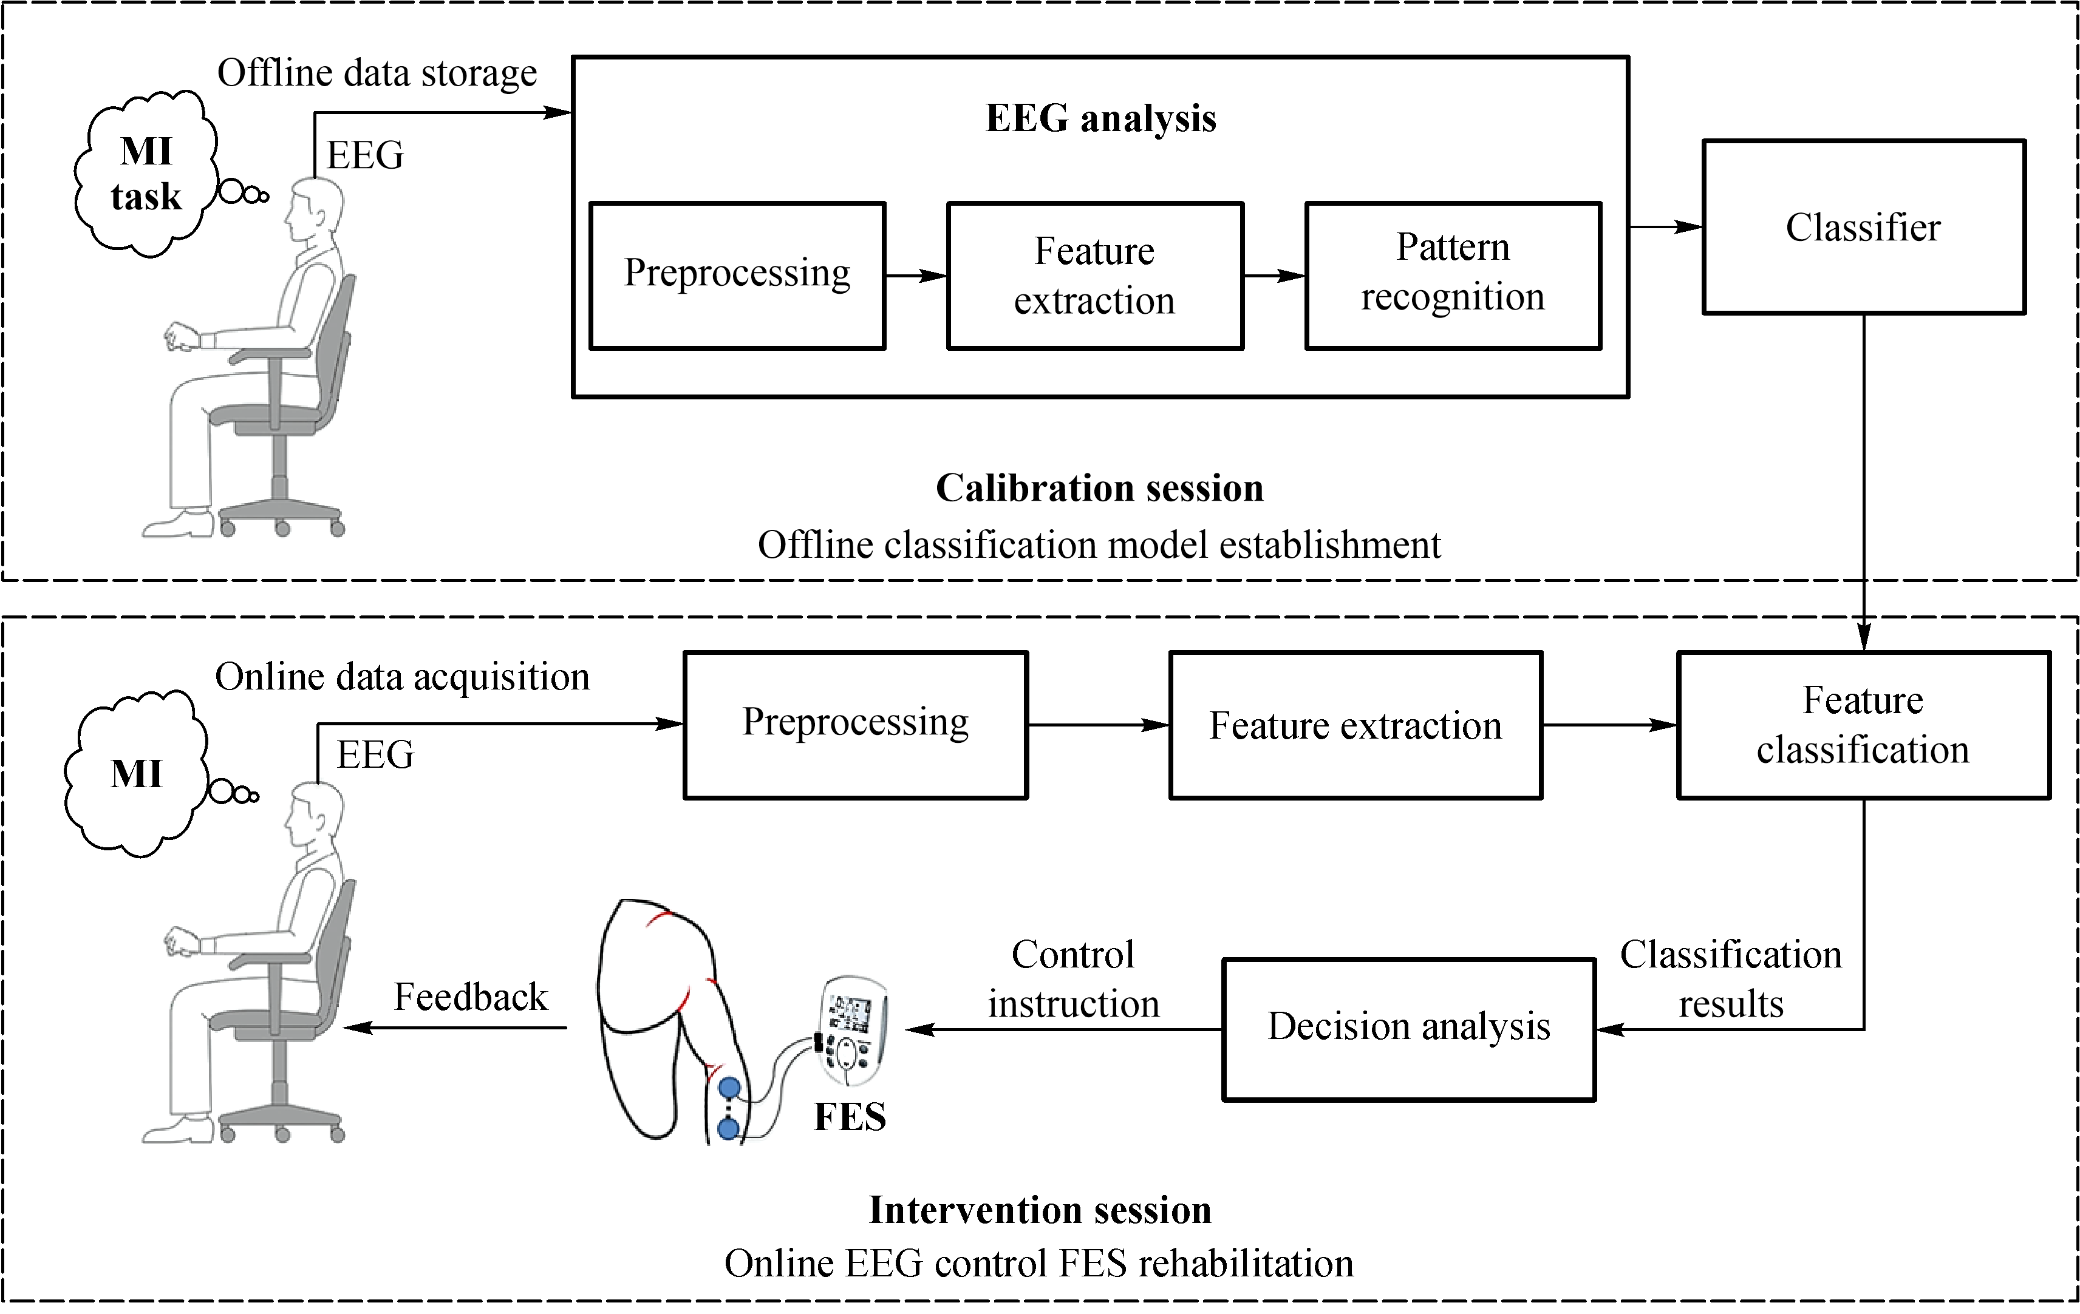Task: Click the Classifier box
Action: coord(1863,227)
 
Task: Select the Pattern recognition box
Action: coord(1453,276)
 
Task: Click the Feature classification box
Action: coord(1863,725)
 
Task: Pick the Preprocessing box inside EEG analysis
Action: coord(737,276)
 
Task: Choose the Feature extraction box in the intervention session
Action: coord(1355,725)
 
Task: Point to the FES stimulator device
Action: coord(851,1032)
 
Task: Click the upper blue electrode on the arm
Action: coord(730,1088)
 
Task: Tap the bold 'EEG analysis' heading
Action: coord(1100,118)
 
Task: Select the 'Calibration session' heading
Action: coord(1100,489)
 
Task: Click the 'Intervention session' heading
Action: coord(1040,1210)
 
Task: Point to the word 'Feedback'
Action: coord(471,997)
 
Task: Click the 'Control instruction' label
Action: coord(1073,979)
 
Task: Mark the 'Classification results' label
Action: coord(1730,979)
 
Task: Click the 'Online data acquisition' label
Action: coord(403,677)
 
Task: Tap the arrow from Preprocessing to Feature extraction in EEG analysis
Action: coord(916,276)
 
